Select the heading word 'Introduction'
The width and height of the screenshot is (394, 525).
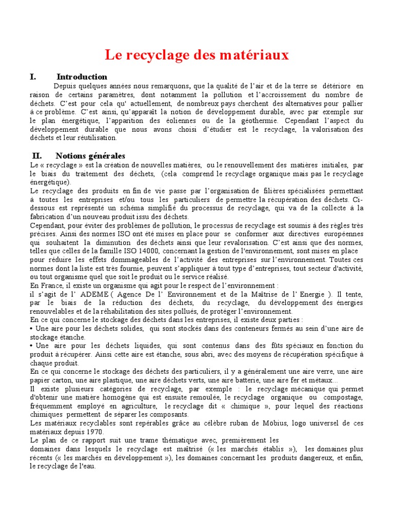(x=82, y=77)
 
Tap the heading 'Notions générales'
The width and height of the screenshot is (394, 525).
(x=90, y=156)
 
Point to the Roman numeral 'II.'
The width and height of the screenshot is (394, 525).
(x=36, y=156)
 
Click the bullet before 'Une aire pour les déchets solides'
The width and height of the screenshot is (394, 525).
(x=32, y=329)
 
